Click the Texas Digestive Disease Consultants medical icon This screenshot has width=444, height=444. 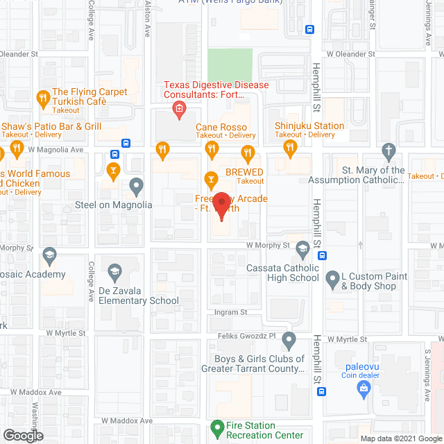point(178,108)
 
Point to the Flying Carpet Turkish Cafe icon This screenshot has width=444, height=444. point(43,96)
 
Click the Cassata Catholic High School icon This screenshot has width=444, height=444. point(302,248)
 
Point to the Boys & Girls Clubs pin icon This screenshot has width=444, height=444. point(289,339)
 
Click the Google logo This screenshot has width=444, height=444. point(22,436)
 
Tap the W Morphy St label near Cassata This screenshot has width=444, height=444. point(267,245)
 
